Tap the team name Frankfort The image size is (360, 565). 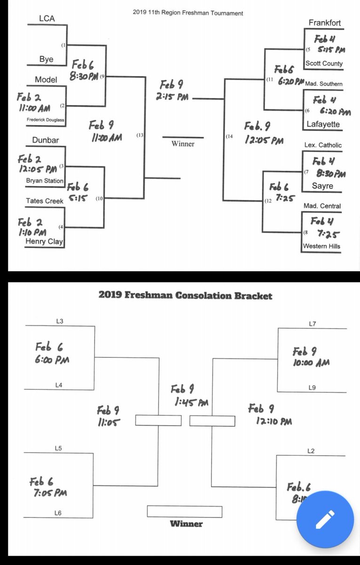pyautogui.click(x=325, y=23)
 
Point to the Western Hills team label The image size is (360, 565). pyautogui.click(x=322, y=246)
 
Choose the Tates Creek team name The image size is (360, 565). pyautogui.click(x=45, y=201)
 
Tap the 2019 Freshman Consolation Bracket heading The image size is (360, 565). pyautogui.click(x=185, y=296)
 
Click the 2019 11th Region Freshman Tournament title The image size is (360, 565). pyautogui.click(x=188, y=13)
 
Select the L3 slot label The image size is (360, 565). pyautogui.click(x=59, y=321)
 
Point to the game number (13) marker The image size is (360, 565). pyautogui.click(x=140, y=136)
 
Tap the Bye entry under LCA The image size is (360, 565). pyautogui.click(x=46, y=60)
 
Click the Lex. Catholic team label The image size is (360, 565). pyautogui.click(x=323, y=145)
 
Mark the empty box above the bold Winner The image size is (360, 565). pyautogui.click(x=184, y=511)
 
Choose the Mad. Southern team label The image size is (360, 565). pyautogui.click(x=324, y=84)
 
